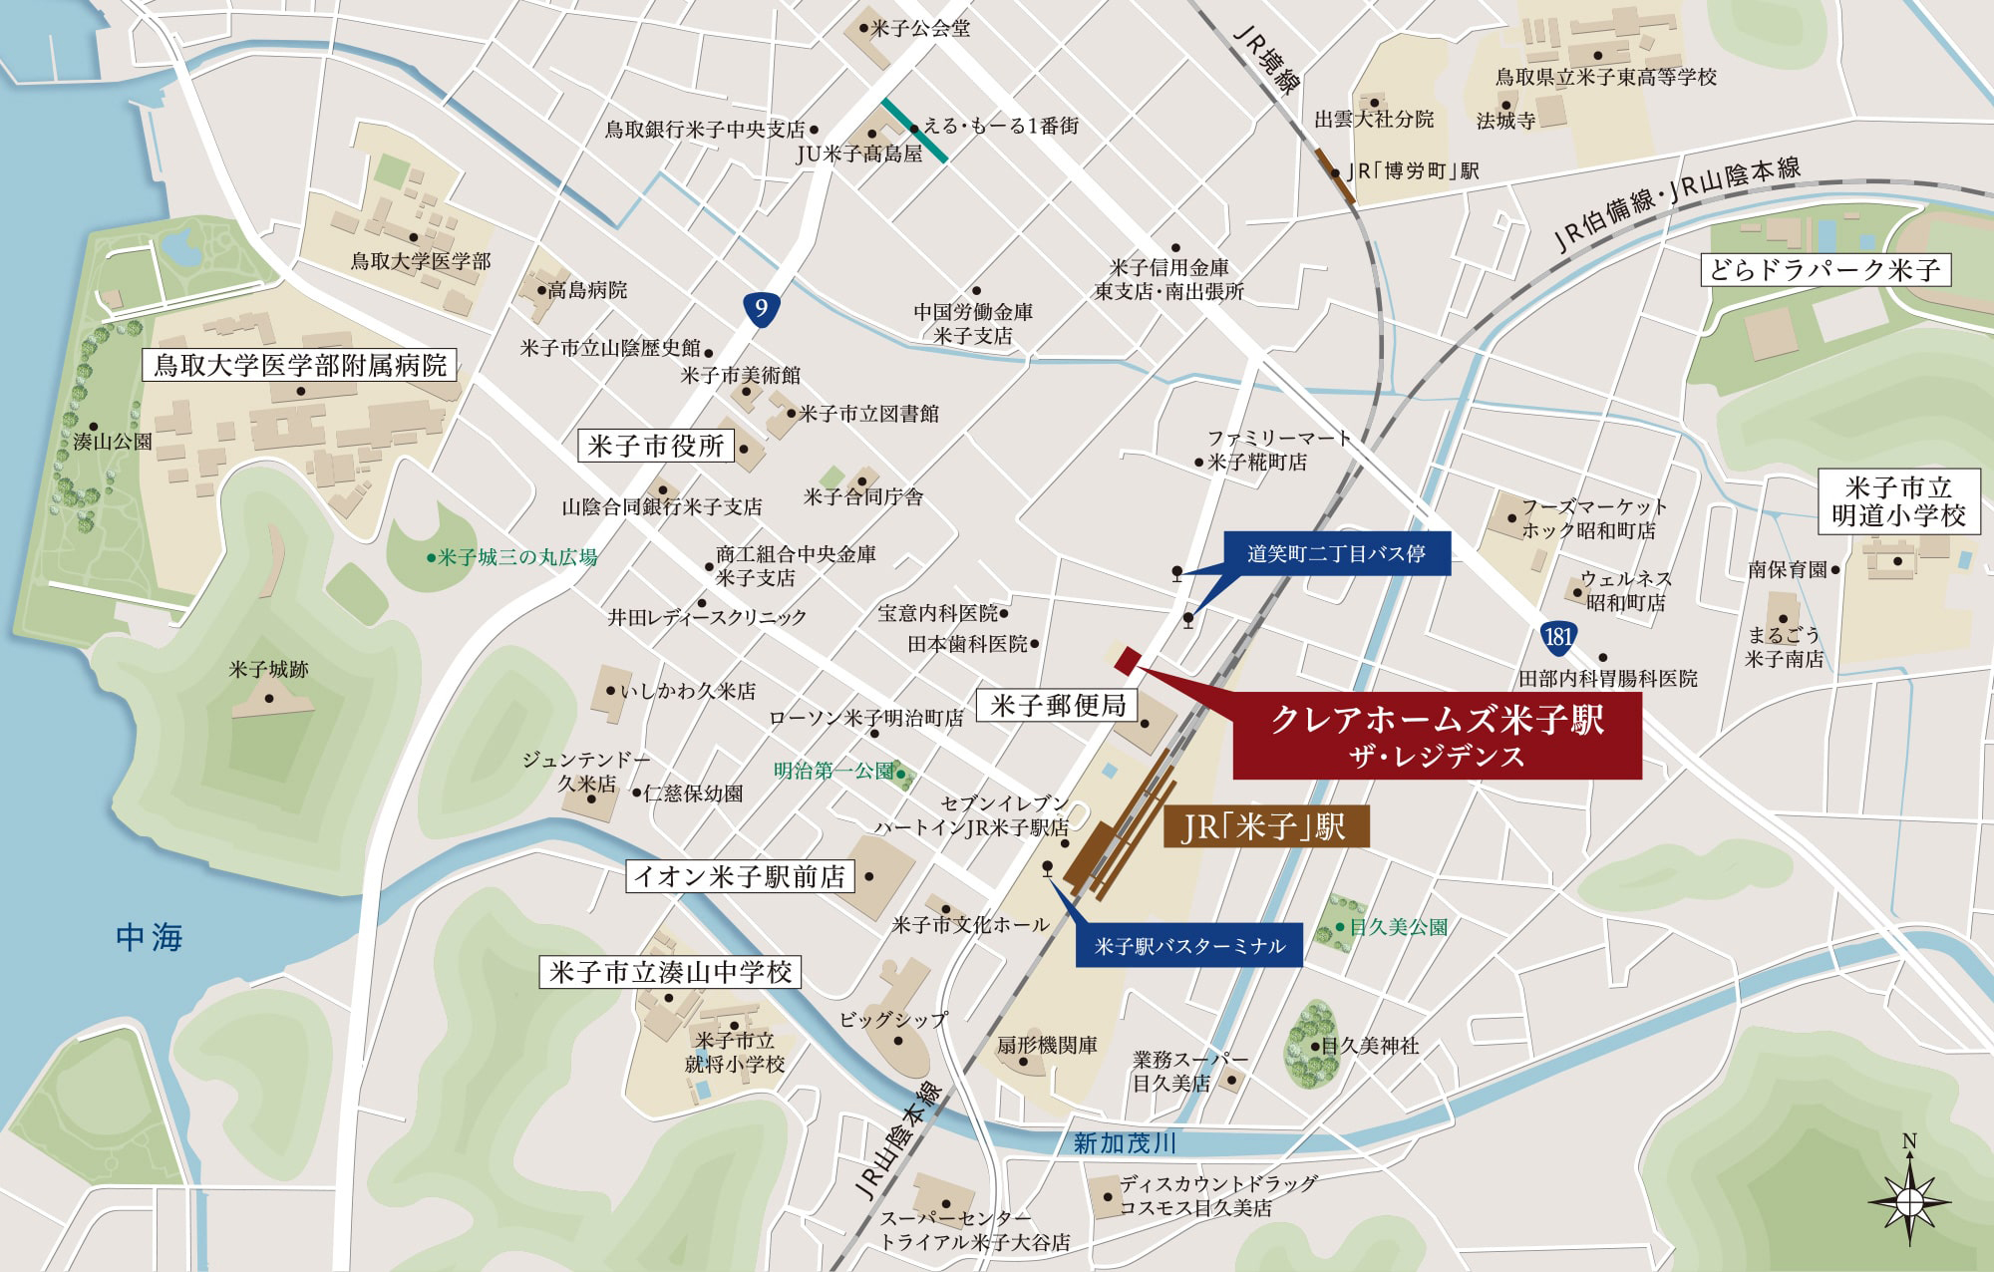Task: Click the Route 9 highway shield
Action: (x=761, y=308)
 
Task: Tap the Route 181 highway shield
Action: (x=1558, y=636)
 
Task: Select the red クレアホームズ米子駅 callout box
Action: (x=1437, y=737)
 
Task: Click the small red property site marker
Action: (x=1127, y=659)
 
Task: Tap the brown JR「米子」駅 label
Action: (x=1265, y=827)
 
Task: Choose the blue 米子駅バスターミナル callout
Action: (x=1189, y=945)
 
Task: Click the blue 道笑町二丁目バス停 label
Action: (x=1336, y=553)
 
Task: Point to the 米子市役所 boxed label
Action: (x=655, y=446)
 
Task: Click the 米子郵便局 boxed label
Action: (x=1058, y=706)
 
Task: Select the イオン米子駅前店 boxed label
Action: (x=739, y=876)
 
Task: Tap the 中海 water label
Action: (x=149, y=937)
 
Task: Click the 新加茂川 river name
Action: (x=1125, y=1142)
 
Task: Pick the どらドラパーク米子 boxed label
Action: (x=1824, y=269)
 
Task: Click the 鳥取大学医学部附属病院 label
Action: (x=300, y=365)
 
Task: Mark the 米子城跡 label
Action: (x=268, y=669)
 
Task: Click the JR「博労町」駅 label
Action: (x=1414, y=171)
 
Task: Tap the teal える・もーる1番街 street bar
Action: (x=914, y=130)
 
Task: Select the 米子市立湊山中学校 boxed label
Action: (x=670, y=972)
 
